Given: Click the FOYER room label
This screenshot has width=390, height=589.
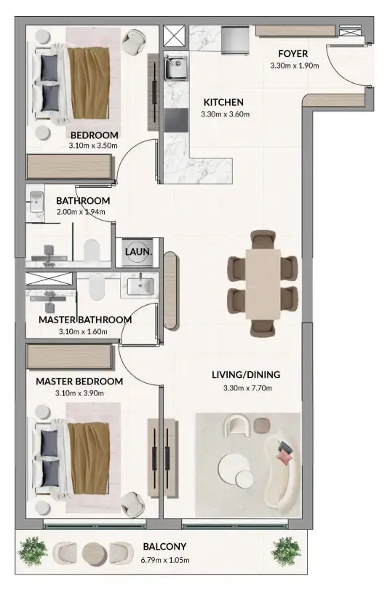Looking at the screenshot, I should (x=293, y=54).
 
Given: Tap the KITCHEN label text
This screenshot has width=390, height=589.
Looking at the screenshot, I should (x=223, y=102).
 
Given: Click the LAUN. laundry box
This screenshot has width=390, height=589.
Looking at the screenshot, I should (x=138, y=251).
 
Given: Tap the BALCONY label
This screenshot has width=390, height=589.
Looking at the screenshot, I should (x=165, y=547).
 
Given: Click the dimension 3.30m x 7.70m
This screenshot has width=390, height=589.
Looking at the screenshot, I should (x=246, y=388).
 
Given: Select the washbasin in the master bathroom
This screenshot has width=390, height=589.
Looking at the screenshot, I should (x=140, y=286).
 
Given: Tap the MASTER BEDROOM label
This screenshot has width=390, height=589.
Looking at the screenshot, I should (x=79, y=381).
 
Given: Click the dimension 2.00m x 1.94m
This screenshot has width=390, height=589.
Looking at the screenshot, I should (x=81, y=213).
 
